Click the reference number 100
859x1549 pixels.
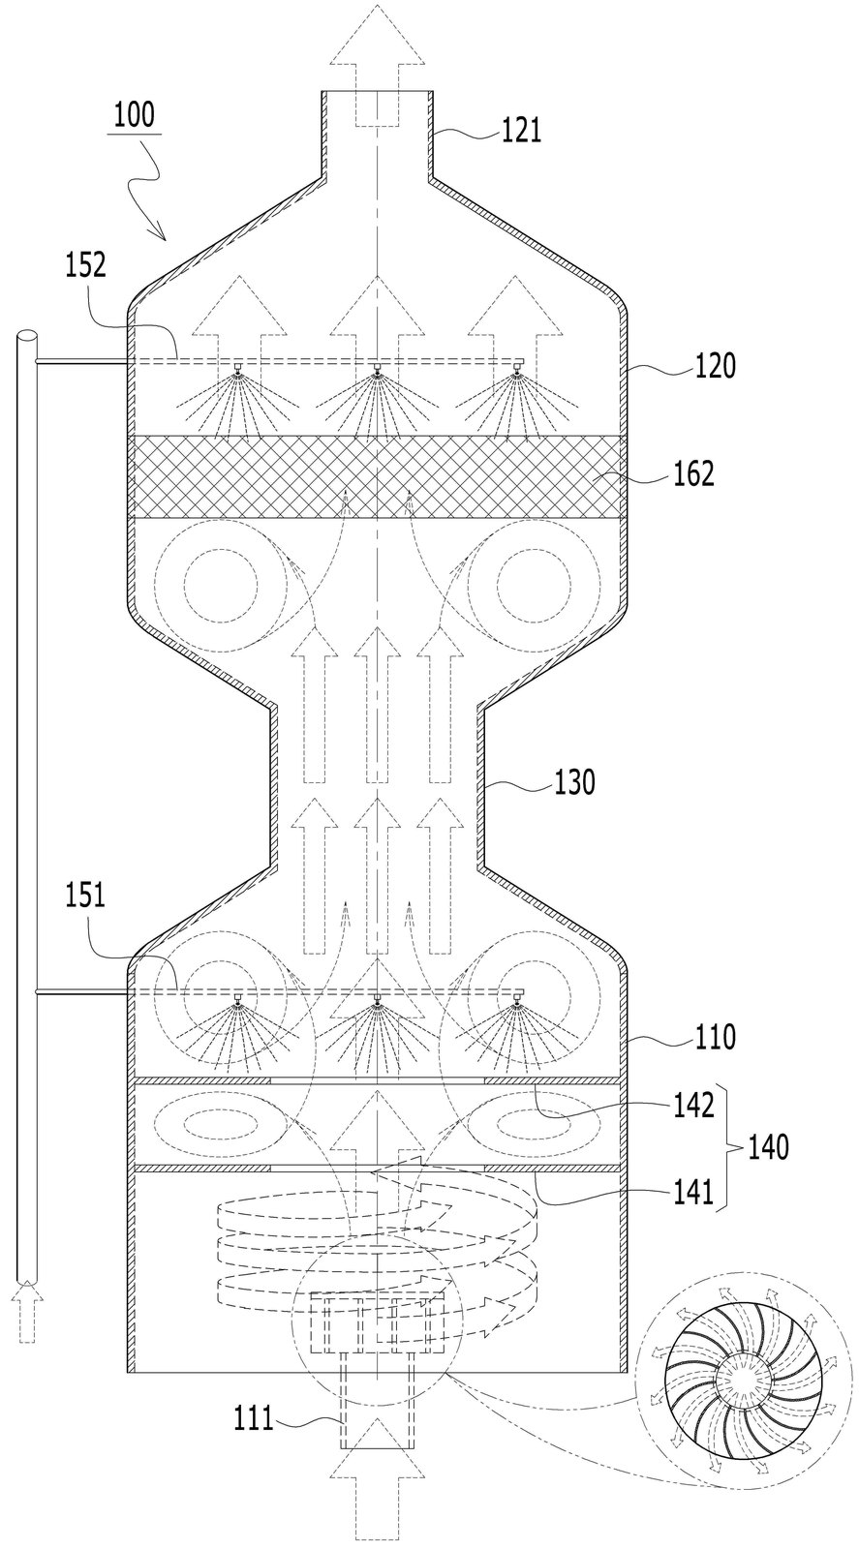point(135,115)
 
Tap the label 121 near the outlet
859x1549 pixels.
point(521,130)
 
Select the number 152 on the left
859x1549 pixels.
point(86,266)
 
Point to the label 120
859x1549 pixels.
point(715,365)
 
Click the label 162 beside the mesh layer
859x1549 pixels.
point(692,474)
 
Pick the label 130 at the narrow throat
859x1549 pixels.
point(574,782)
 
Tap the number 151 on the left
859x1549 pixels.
point(86,896)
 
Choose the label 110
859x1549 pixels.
point(715,1037)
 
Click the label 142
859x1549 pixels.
point(692,1106)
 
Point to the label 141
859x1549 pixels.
point(692,1192)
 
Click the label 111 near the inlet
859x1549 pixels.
point(253,1419)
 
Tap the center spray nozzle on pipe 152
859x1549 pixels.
point(377,369)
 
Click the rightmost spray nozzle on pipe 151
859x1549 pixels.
point(516,996)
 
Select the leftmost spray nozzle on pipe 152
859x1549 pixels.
point(236,369)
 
